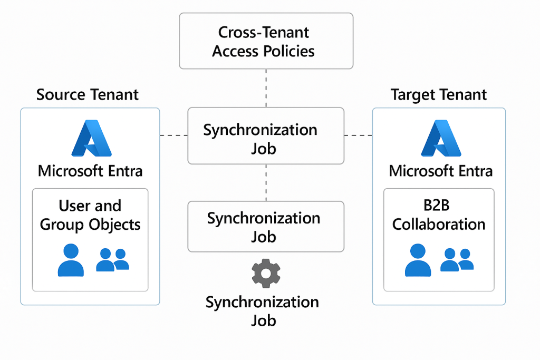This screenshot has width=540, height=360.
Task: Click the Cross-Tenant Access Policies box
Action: [266, 41]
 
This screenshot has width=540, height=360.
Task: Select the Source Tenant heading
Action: [88, 95]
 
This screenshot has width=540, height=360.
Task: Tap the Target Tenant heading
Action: [439, 95]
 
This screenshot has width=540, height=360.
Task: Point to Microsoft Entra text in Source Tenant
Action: [90, 171]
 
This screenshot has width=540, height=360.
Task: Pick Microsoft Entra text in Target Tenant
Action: [441, 171]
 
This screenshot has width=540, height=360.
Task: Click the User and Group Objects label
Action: [90, 215]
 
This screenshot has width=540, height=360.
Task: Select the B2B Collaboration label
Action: [439, 215]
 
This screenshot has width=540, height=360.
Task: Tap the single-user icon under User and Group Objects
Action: [71, 260]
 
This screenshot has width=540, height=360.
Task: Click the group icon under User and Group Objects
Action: [112, 260]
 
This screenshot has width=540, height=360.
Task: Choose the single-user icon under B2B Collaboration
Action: [418, 260]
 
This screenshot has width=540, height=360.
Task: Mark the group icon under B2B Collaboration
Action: [457, 259]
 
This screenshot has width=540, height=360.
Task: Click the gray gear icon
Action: [266, 273]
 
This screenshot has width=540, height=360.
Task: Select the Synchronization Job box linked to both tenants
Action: [266, 136]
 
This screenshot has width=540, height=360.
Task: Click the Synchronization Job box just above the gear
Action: [266, 227]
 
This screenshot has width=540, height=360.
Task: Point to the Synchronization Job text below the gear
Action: [263, 311]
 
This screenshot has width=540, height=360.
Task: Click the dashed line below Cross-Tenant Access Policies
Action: [266, 88]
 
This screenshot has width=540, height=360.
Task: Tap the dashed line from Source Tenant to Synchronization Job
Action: [173, 135]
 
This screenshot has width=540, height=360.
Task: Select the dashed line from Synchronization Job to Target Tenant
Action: [358, 135]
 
